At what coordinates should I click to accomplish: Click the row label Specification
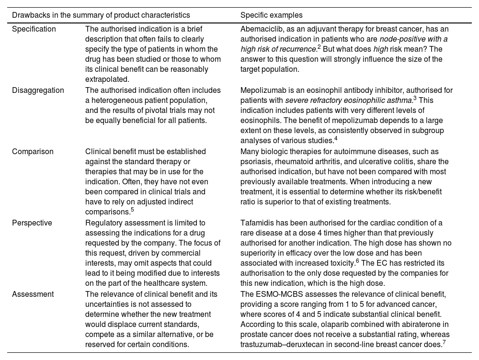point(34,29)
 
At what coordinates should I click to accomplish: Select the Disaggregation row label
point(37,90)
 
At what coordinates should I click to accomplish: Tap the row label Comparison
point(33,152)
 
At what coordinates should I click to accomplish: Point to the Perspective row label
point(32,223)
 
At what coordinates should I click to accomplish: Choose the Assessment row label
point(33,294)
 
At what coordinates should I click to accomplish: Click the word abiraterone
point(412,325)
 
